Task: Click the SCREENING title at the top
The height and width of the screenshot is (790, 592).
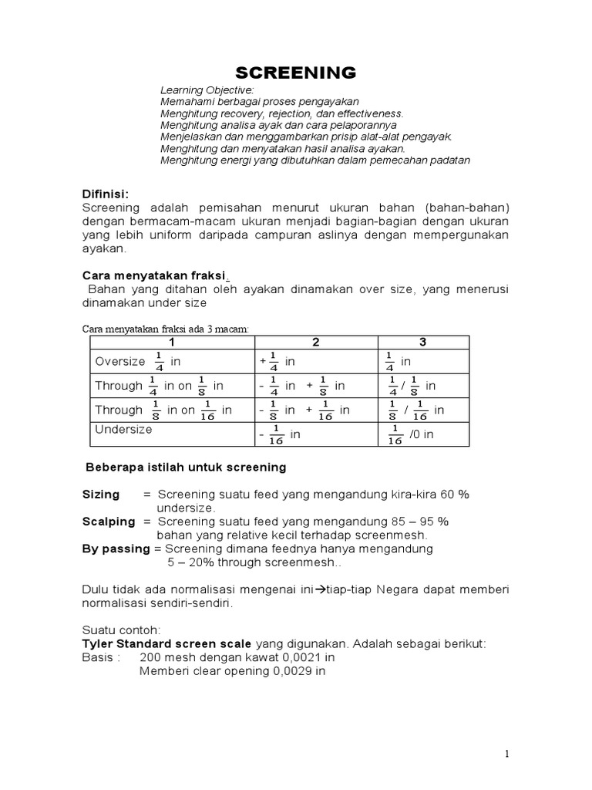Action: pos(295,73)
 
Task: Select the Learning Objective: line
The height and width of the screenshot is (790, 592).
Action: pos(201,90)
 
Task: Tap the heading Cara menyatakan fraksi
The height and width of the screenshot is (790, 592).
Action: pos(153,275)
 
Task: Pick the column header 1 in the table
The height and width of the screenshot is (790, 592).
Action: pos(172,342)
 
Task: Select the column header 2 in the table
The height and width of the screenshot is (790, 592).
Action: pos(316,342)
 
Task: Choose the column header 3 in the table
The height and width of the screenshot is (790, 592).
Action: pos(422,342)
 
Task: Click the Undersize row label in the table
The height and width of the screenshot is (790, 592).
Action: pos(123,430)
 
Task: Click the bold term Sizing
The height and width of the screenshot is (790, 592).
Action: pos(101,495)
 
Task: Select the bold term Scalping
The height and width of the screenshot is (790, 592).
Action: pos(109,522)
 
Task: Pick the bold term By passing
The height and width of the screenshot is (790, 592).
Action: pos(116,549)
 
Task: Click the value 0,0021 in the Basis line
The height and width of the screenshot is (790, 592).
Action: pos(293,658)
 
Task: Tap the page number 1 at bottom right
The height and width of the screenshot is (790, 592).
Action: pos(506,754)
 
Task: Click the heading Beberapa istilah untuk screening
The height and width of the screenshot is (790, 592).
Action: pos(184,468)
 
